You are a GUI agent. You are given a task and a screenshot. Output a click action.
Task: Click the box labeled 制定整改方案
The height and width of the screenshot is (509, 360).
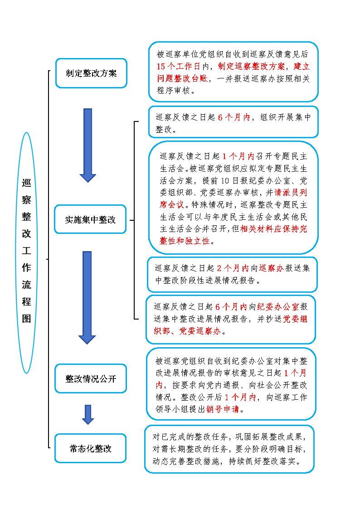point(91,73)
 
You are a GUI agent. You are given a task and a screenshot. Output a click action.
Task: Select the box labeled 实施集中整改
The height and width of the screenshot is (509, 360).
point(90,219)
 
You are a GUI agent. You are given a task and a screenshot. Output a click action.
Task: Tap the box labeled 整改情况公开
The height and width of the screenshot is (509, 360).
point(91,378)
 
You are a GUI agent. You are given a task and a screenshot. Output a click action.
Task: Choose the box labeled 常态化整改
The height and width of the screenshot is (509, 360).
point(90,448)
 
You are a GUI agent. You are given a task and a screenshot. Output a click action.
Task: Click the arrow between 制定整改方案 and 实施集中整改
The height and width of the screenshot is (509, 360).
point(88,145)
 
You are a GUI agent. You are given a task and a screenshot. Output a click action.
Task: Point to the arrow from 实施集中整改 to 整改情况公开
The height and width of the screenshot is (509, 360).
point(87,298)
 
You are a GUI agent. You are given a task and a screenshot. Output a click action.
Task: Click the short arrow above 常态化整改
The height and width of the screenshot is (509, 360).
point(88,415)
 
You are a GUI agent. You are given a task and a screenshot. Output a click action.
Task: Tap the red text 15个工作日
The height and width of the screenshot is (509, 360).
point(179,67)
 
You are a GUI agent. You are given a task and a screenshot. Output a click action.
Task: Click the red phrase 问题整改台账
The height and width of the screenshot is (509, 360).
point(182,78)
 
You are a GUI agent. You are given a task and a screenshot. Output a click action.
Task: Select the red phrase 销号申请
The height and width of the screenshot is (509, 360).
point(223,409)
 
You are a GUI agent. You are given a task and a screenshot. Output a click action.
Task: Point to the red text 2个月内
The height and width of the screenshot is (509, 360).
point(233,268)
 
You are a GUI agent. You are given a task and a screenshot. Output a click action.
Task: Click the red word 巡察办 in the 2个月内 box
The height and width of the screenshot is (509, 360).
point(272,268)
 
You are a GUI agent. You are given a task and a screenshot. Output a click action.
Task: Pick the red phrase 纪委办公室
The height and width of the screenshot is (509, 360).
point(278,307)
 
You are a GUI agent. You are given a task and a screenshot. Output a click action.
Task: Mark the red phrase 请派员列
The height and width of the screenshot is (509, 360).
point(291,193)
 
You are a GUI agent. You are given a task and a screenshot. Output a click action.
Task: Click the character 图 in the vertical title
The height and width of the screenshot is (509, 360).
point(27,319)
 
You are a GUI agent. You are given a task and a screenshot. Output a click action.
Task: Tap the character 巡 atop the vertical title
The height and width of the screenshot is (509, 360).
point(27,183)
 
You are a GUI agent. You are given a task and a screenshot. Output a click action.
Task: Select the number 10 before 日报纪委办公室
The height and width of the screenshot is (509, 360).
point(225,181)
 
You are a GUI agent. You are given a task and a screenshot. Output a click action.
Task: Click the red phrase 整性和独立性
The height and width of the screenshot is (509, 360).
point(185,241)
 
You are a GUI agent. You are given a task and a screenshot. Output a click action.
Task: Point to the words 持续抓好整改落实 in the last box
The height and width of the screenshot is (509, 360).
point(263,461)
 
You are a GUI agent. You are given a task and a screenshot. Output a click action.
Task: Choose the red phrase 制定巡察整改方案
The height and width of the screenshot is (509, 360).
point(252,67)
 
